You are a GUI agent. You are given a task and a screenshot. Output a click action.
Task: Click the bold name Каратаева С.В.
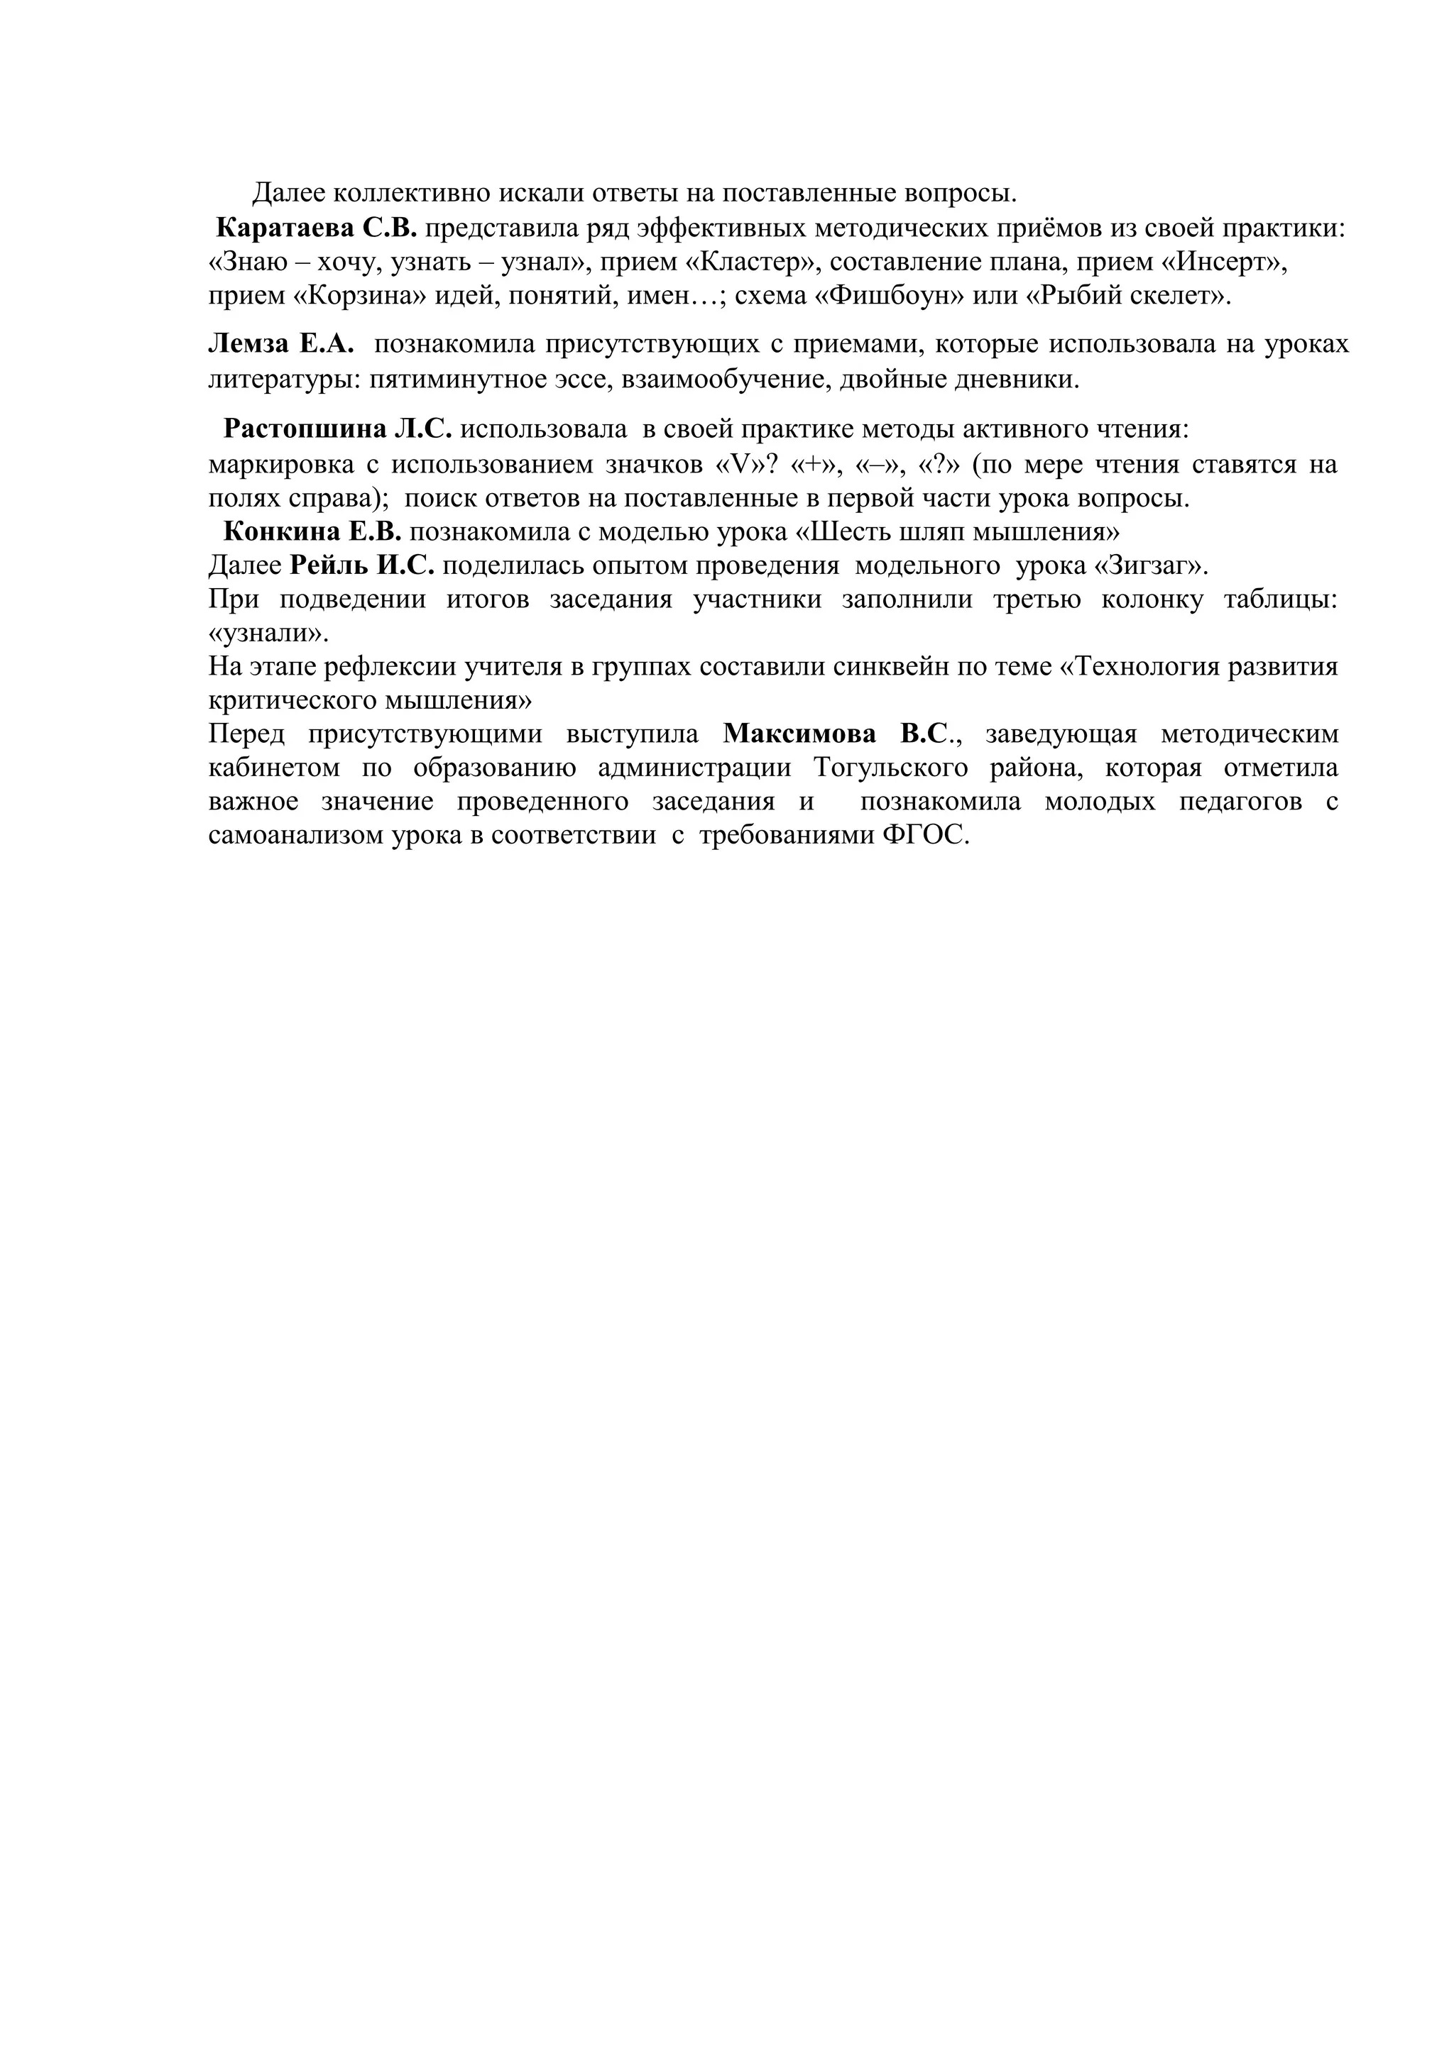click(x=317, y=228)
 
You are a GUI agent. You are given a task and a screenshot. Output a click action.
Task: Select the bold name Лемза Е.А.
click(x=281, y=345)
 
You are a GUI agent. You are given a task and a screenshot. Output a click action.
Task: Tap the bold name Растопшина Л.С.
click(x=338, y=429)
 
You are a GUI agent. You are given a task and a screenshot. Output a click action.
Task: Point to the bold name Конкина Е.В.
click(x=312, y=532)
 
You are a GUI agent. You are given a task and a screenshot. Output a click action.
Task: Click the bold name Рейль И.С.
click(x=362, y=566)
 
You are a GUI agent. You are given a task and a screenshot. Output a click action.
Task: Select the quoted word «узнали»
click(x=267, y=633)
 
